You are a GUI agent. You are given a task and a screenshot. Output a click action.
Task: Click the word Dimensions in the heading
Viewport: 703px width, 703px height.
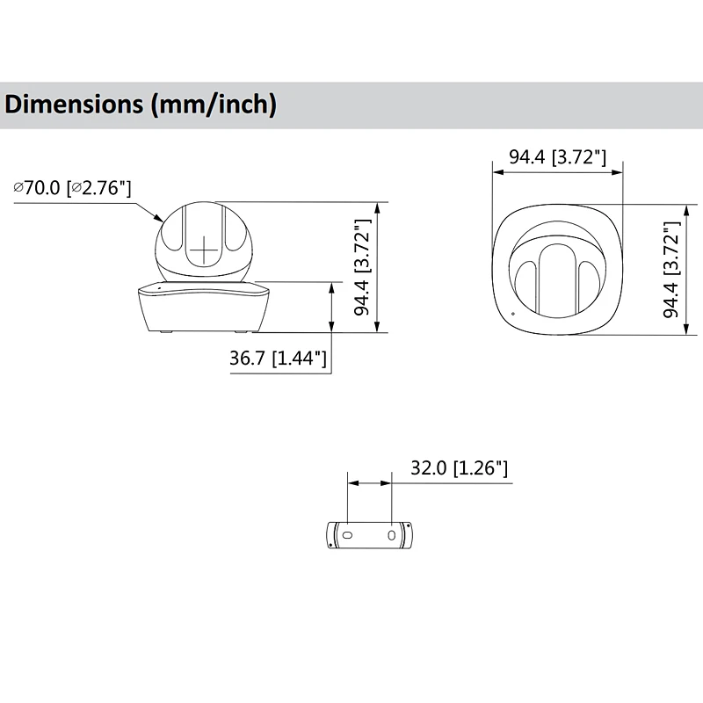(74, 104)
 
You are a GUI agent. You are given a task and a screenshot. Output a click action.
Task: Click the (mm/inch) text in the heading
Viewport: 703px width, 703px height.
(214, 105)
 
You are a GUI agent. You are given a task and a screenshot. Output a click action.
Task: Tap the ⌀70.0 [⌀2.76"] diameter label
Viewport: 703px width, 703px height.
(72, 188)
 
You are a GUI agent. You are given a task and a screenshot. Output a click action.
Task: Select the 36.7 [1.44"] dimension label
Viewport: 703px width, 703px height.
(278, 359)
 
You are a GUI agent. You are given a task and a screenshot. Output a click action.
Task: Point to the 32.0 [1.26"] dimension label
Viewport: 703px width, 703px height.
(459, 468)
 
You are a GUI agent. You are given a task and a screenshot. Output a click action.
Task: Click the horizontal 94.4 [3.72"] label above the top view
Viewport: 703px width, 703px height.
(557, 157)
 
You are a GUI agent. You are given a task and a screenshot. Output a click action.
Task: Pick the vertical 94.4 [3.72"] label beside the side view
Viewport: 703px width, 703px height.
(362, 267)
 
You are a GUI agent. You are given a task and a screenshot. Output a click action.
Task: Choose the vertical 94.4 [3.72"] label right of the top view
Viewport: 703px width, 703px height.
(671, 270)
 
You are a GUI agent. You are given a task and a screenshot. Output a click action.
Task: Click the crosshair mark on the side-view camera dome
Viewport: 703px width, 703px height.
(204, 250)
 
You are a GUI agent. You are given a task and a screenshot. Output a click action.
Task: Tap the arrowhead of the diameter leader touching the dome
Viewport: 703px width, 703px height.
(159, 217)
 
